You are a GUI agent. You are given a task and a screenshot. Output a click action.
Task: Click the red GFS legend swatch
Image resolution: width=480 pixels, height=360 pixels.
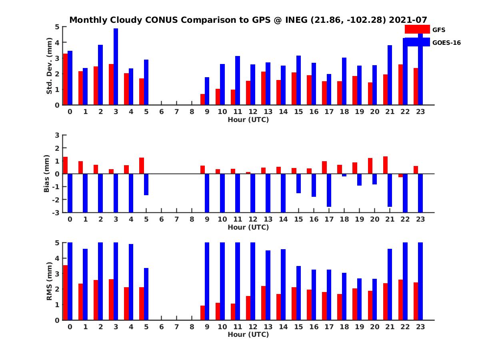[417, 29]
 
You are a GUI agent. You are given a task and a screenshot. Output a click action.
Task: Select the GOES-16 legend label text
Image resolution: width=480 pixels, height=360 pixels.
[447, 43]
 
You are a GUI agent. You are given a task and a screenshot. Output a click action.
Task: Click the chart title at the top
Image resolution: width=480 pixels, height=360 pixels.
[248, 20]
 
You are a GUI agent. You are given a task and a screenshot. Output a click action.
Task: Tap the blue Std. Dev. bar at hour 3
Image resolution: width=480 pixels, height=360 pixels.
[116, 67]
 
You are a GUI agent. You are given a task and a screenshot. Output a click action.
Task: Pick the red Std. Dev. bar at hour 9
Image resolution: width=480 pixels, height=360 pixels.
[203, 100]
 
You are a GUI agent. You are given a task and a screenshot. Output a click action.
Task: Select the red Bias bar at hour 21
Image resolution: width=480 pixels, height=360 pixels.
[386, 165]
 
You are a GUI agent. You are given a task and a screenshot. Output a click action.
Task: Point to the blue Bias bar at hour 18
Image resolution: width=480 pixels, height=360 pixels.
[344, 175]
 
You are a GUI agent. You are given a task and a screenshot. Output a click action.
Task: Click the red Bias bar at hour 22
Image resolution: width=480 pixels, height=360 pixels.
[401, 176]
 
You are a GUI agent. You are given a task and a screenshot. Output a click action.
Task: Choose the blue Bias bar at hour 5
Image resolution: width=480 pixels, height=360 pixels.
[146, 184]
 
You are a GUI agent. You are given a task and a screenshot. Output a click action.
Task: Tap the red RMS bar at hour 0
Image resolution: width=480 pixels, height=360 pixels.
[66, 292]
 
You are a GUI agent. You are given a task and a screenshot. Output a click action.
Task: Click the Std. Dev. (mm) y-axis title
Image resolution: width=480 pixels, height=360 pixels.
[50, 66]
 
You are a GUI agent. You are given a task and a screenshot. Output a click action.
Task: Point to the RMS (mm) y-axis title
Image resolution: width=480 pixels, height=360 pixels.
[50, 281]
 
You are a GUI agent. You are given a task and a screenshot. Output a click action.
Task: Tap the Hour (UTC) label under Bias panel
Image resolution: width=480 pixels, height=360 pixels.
[248, 227]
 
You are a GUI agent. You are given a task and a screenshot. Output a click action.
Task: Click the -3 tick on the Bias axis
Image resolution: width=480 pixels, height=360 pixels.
[56, 212]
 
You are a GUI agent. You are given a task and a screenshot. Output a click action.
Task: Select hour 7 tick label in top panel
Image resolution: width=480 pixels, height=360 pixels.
[177, 112]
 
